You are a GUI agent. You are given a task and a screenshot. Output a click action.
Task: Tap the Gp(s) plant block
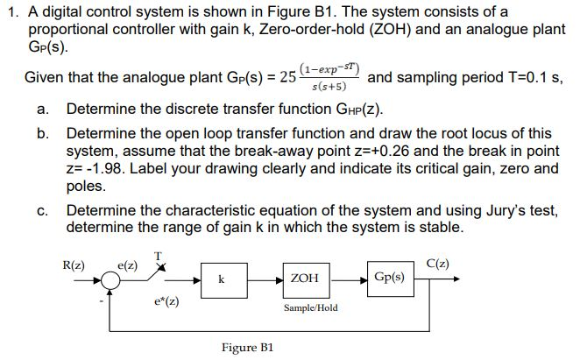click(x=389, y=277)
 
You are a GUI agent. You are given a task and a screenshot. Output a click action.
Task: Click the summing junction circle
click(x=111, y=280)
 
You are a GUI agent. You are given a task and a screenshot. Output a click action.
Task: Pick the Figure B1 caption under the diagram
click(x=249, y=347)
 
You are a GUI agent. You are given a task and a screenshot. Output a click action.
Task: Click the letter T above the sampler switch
click(x=158, y=255)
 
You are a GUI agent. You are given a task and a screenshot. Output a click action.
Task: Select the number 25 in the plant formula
click(x=287, y=78)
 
